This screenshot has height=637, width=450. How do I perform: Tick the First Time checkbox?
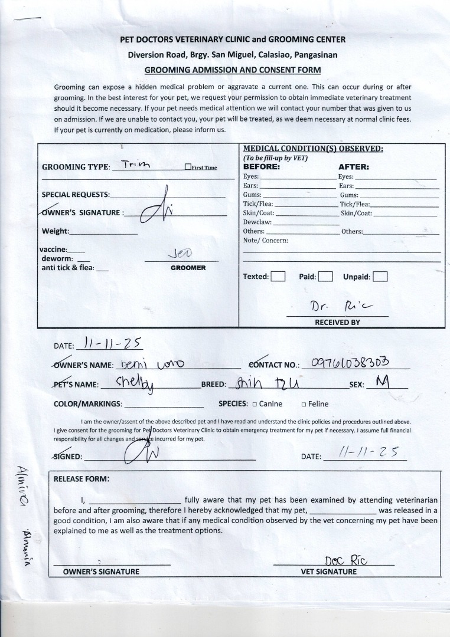(x=188, y=168)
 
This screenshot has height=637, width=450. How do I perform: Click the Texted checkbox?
(x=278, y=277)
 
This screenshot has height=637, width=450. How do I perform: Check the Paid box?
(x=326, y=277)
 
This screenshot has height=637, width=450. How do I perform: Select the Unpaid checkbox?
(x=380, y=277)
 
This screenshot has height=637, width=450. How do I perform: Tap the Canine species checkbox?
(x=255, y=405)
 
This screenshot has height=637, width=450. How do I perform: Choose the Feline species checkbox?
(x=304, y=405)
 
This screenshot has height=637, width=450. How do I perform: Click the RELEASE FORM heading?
(x=81, y=479)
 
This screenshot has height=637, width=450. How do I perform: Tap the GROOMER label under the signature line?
(x=188, y=268)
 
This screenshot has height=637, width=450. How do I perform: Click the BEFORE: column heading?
(x=262, y=167)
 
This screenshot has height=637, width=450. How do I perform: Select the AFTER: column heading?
(x=354, y=167)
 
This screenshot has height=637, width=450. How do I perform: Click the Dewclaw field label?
(x=257, y=222)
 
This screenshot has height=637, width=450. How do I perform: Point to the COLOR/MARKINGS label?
(x=88, y=404)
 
